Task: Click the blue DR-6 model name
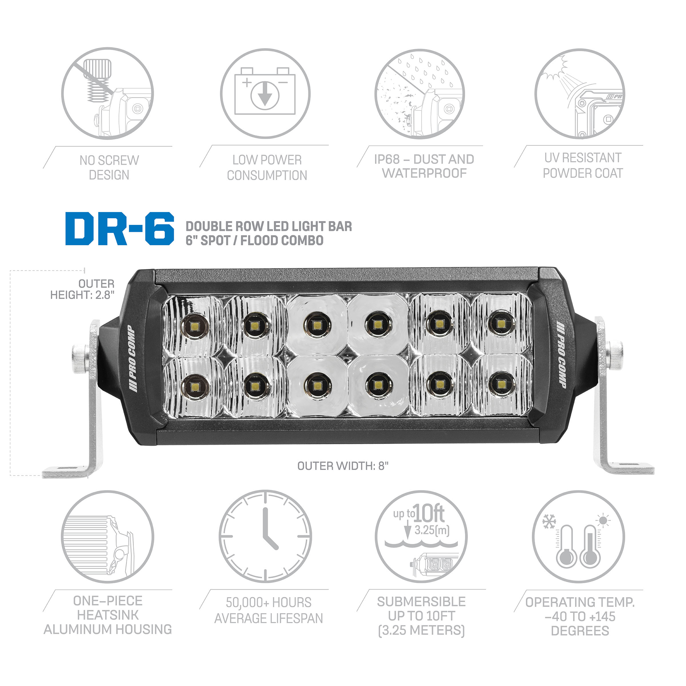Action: click(x=120, y=229)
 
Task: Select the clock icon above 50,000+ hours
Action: click(x=265, y=536)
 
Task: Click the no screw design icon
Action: click(x=107, y=93)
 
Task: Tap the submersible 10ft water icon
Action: click(x=421, y=537)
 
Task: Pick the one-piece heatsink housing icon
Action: click(x=107, y=537)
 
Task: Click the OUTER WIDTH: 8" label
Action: click(x=343, y=466)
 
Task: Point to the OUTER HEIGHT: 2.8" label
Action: click(x=82, y=289)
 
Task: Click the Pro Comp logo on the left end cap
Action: click(x=132, y=359)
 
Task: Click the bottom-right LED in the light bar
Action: click(x=501, y=384)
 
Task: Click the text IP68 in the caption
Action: click(x=387, y=159)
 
